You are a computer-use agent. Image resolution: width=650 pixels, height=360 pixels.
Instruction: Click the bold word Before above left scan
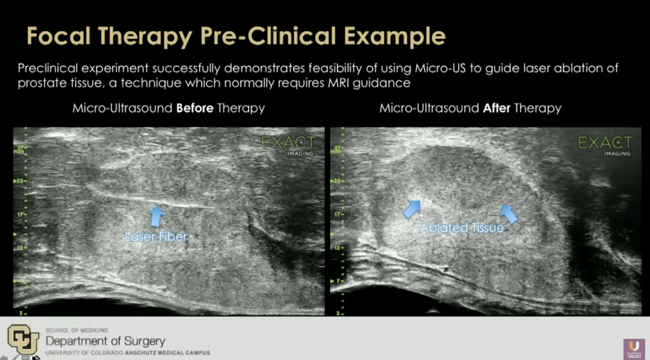click(194, 108)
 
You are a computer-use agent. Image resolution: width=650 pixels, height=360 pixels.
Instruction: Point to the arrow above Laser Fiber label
click(156, 215)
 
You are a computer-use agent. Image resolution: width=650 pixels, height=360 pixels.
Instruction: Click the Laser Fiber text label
click(156, 237)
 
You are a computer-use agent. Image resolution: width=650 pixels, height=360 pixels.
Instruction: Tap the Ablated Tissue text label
click(462, 228)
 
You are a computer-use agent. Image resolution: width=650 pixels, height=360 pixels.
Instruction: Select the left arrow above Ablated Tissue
click(412, 208)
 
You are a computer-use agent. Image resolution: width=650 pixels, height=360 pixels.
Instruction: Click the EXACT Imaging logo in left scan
click(288, 144)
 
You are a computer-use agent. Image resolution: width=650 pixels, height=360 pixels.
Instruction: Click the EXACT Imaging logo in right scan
click(605, 144)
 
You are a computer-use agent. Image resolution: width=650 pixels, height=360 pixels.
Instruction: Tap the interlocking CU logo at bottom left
click(23, 339)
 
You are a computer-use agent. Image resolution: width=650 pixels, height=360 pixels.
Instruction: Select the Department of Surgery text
click(105, 341)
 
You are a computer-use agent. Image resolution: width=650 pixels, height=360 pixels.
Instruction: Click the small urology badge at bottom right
click(634, 349)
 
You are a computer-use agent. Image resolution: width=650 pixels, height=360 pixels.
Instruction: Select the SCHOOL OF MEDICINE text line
click(77, 331)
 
